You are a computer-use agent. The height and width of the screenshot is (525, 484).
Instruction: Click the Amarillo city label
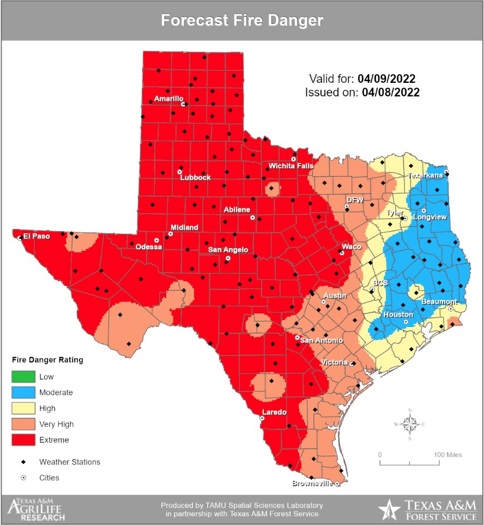coord(168,99)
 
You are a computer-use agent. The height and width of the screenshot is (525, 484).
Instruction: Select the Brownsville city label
coord(312,483)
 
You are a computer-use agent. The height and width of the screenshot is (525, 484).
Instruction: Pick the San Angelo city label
coord(228,250)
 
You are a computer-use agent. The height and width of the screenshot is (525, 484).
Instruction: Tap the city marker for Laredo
coord(262,418)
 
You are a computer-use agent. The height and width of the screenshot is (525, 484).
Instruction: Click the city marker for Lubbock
coord(180,172)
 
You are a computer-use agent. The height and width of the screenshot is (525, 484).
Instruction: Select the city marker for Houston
coord(406,322)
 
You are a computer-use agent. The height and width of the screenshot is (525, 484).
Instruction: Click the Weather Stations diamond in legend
coord(23,462)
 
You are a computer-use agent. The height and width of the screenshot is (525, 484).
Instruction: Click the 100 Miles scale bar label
coord(447,454)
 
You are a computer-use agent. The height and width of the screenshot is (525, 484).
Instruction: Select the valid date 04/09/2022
coord(389,78)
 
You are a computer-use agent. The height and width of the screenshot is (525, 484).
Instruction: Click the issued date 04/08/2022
coord(391,92)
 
